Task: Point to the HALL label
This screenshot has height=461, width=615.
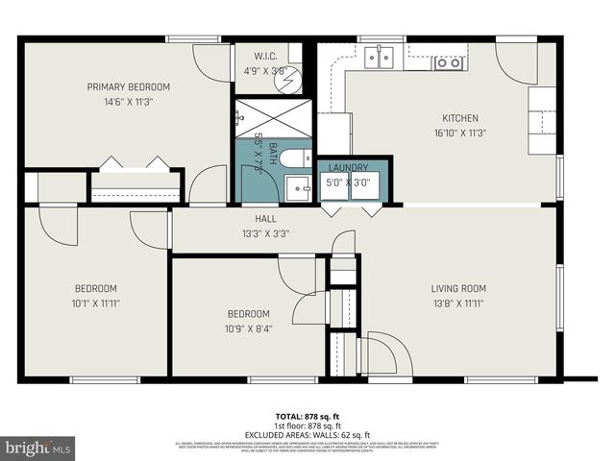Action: pos(266,219)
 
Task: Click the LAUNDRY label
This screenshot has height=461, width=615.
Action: pos(348,168)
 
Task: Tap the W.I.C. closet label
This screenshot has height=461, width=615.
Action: pos(266,56)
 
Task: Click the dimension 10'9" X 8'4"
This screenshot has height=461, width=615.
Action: pos(249,328)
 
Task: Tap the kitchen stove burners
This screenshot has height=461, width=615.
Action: pos(447,63)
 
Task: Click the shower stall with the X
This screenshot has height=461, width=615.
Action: pos(269,122)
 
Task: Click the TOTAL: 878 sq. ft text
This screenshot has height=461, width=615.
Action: pos(307,418)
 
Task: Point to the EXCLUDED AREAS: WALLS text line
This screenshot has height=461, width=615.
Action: pos(307,433)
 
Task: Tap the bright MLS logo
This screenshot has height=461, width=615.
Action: pos(38,448)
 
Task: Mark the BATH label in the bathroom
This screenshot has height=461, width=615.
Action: pos(272,154)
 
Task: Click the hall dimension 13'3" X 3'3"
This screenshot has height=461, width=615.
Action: pos(266,232)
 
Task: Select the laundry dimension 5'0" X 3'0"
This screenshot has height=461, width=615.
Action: pos(348,182)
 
